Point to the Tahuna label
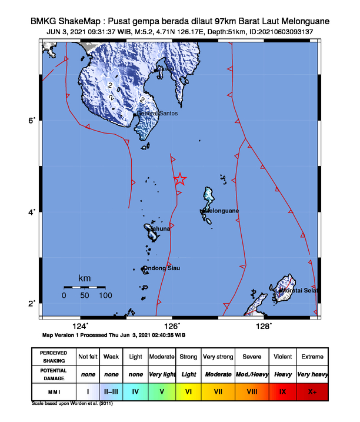click(x=160, y=228)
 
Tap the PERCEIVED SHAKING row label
click(x=54, y=357)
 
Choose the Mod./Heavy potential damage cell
click(x=250, y=374)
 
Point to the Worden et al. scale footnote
click(x=71, y=404)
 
